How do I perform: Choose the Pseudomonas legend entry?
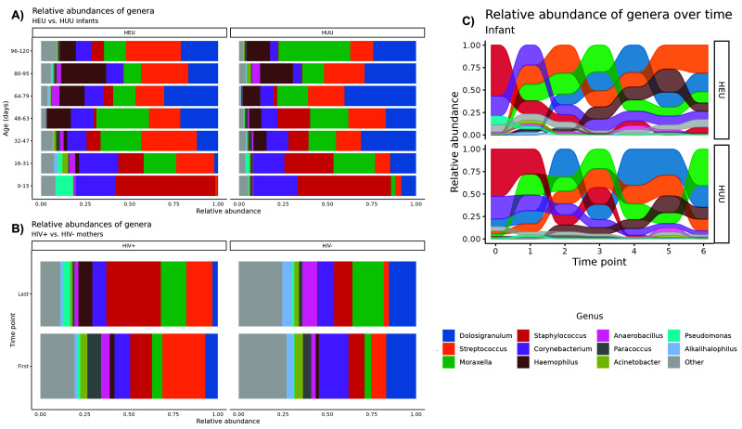click(710, 335)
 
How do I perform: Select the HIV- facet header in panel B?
click(327, 246)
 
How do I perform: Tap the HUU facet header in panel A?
click(327, 34)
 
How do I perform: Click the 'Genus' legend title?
click(590, 316)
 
